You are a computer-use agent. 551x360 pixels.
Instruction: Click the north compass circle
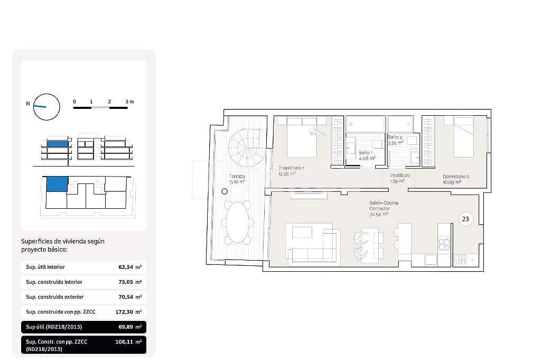click(46, 107)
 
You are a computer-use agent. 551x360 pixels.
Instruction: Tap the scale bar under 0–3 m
click(100, 108)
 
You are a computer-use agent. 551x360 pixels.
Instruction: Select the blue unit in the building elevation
click(58, 144)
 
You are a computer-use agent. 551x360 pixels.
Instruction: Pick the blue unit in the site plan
click(57, 184)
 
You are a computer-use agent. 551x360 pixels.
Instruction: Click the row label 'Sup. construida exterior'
click(55, 297)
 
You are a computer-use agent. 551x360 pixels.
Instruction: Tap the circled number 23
click(465, 218)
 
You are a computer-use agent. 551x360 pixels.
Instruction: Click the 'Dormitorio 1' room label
click(291, 168)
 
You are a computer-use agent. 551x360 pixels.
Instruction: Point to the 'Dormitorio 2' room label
click(456, 177)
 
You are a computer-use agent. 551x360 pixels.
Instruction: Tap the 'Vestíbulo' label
click(400, 176)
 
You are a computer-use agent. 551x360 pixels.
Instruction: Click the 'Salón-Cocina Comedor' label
click(384, 205)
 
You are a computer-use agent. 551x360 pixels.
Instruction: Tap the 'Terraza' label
click(236, 176)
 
